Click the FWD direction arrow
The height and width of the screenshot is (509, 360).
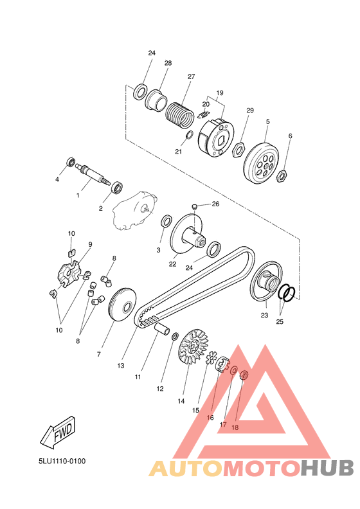[x=59, y=433]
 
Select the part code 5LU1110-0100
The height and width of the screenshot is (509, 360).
[x=62, y=461]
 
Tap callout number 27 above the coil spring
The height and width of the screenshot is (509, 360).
[x=191, y=76]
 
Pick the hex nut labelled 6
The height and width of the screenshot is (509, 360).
[x=281, y=176]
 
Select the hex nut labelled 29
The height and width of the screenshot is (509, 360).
[x=239, y=150]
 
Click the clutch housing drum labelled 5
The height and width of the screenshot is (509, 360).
[x=261, y=163]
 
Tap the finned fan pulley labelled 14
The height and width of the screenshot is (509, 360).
[x=194, y=348]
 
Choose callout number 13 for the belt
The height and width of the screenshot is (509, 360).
[x=121, y=366]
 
